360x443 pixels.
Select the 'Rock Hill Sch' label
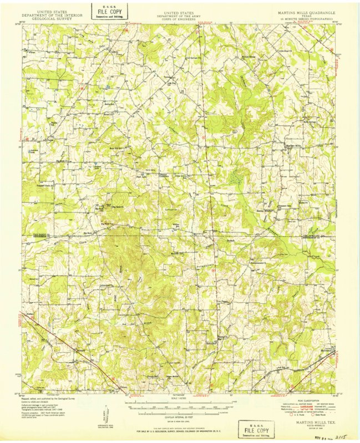click(x=115, y=148)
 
